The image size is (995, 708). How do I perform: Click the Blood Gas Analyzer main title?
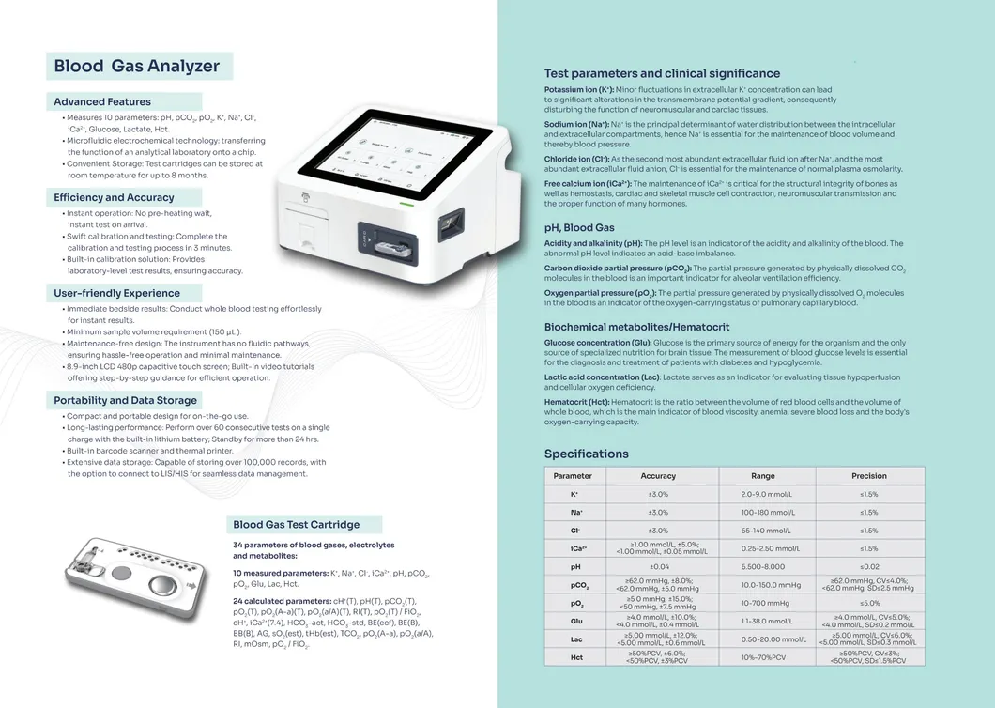[136, 66]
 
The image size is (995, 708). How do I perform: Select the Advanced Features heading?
[102, 101]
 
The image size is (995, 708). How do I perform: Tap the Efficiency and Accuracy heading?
[114, 197]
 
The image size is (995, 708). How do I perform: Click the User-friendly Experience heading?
[116, 293]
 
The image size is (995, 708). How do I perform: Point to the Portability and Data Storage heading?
[125, 401]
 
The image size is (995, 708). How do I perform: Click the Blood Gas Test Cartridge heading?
[297, 525]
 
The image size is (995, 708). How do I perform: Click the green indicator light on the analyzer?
[406, 205]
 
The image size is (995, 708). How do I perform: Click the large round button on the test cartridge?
[162, 586]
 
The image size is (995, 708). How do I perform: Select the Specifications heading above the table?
[587, 454]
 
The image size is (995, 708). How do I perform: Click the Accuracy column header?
[658, 475]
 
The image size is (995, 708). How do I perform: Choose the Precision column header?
[868, 475]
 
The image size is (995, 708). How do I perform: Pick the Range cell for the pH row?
[763, 566]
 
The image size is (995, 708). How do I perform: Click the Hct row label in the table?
[576, 657]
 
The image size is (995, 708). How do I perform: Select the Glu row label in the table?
[576, 621]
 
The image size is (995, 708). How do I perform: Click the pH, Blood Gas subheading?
[579, 228]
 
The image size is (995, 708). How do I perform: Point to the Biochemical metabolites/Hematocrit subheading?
[637, 327]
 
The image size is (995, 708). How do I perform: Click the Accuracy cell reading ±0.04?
[659, 566]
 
